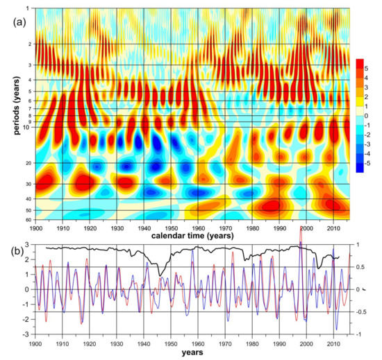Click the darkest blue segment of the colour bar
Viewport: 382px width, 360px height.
tap(359, 169)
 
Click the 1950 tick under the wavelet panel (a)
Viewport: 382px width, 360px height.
tap(171, 227)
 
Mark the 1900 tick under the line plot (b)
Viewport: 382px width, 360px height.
tap(35, 343)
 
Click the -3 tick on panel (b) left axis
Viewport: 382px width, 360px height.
tap(26, 334)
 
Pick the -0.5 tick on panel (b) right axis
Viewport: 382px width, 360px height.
tap(358, 311)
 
